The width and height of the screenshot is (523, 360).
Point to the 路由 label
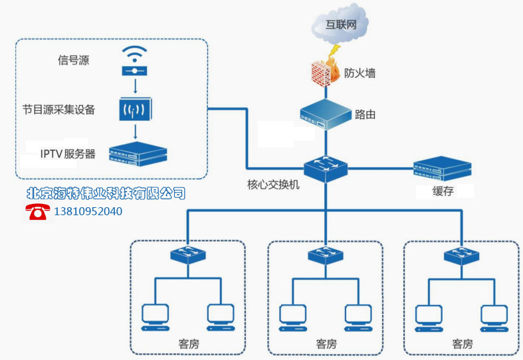coord(366,114)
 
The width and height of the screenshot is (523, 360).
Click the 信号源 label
coord(73,61)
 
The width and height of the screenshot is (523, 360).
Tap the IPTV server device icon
coord(138,153)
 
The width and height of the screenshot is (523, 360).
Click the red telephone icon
coord(38,212)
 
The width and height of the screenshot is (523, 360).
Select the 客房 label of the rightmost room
coord(462,344)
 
